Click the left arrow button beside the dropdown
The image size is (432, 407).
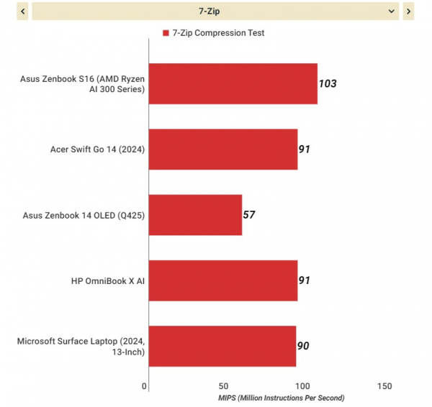pyautogui.click(x=22, y=12)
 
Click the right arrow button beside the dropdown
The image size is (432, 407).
pyautogui.click(x=408, y=12)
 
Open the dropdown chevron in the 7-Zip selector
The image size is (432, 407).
pyautogui.click(x=392, y=12)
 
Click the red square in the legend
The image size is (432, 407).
pyautogui.click(x=166, y=33)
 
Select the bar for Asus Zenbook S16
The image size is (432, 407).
pyautogui.click(x=233, y=83)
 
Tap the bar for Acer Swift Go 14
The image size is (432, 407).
pyautogui.click(x=222, y=150)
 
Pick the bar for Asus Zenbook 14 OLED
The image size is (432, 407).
pyautogui.click(x=195, y=215)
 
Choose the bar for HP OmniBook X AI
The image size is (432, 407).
pyautogui.click(x=222, y=280)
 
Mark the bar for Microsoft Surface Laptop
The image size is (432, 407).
pyautogui.click(x=222, y=346)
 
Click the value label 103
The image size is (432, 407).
pyautogui.click(x=328, y=83)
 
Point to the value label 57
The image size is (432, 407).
pyautogui.click(x=249, y=215)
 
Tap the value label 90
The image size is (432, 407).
pyautogui.click(x=303, y=346)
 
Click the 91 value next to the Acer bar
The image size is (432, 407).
pyautogui.click(x=305, y=150)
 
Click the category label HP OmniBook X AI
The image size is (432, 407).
pyautogui.click(x=108, y=280)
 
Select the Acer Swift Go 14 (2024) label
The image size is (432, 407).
pyautogui.click(x=97, y=150)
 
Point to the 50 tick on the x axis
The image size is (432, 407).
pyautogui.click(x=225, y=386)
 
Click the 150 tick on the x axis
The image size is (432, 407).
pyautogui.click(x=384, y=386)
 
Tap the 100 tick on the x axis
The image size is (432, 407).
pyautogui.click(x=305, y=386)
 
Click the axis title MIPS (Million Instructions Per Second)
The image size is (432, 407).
pyautogui.click(x=282, y=398)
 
